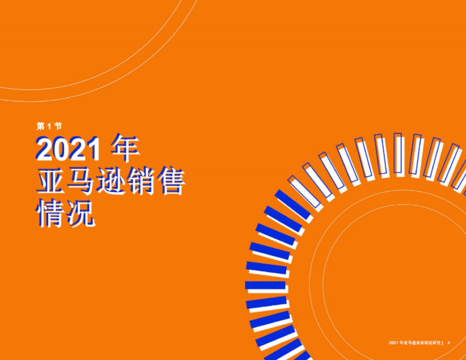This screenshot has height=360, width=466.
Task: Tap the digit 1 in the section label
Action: click(49, 126)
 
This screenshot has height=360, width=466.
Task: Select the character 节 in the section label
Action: click(57, 126)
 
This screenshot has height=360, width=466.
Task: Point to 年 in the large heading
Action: click(125, 148)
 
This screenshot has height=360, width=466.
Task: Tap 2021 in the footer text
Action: click(393, 343)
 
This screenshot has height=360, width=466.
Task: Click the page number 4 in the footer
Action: click(449, 343)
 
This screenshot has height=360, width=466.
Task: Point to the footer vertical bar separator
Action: click(443, 343)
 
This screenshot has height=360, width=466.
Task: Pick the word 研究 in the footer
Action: click(437, 343)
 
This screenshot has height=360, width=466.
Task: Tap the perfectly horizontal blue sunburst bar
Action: click(266, 285)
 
